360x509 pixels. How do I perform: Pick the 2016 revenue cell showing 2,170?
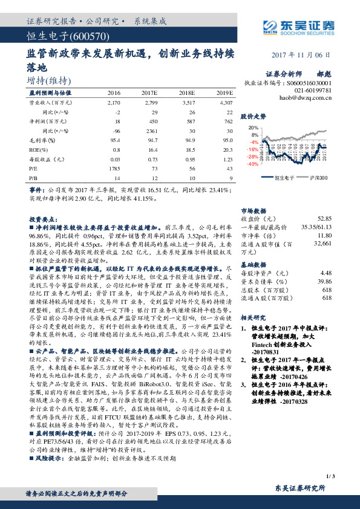(114, 103)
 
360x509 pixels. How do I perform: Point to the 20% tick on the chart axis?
(253, 128)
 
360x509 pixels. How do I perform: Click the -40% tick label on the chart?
(252, 163)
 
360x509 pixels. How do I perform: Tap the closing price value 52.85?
(324, 218)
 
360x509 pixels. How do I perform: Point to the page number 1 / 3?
(329, 478)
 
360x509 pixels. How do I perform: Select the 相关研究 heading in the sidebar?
(254, 317)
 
